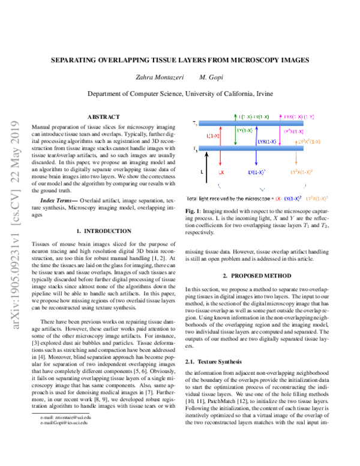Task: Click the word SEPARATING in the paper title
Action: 77,60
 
